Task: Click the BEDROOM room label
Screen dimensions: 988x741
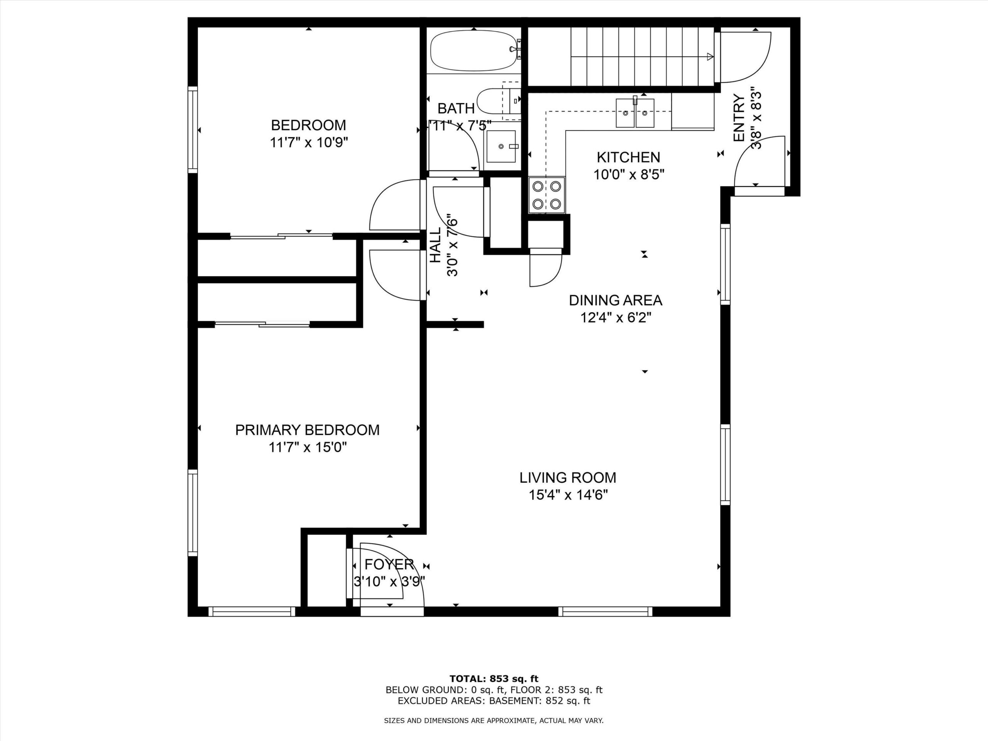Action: point(308,125)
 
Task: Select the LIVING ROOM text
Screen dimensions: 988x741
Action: point(568,477)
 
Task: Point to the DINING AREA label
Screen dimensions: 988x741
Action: point(616,300)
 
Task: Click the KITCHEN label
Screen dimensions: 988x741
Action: point(628,157)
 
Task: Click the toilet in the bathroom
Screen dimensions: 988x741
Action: point(498,102)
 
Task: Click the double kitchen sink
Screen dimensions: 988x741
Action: point(635,113)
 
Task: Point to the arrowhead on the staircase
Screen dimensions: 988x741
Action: point(710,57)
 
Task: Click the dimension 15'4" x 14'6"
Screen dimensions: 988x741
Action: point(568,495)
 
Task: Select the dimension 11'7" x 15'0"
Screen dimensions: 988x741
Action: point(307,447)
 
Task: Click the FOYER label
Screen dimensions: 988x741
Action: point(389,565)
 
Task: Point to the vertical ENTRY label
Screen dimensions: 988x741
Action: point(739,118)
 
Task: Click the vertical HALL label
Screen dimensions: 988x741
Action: point(435,245)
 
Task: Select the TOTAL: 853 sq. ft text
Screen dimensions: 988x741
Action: point(494,679)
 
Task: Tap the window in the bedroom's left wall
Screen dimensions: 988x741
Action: point(193,130)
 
